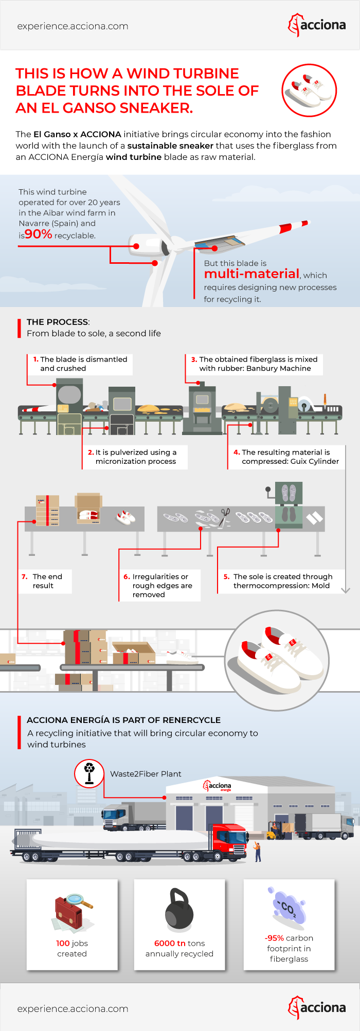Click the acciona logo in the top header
317,25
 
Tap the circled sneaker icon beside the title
309,91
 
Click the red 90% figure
39,234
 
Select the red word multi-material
251,274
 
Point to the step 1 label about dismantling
80,364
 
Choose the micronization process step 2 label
135,457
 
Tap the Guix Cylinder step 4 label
286,457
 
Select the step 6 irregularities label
158,586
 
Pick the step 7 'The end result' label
45,581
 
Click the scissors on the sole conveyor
225,514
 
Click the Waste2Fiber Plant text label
146,774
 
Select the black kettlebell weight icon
179,910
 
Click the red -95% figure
274,938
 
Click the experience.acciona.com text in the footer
73,1009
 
